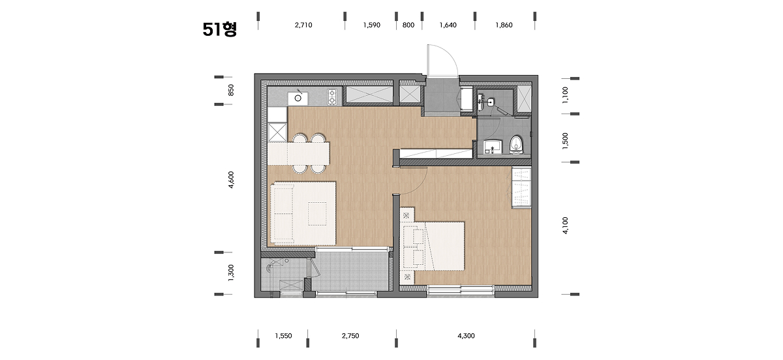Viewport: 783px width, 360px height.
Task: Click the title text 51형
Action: (220, 29)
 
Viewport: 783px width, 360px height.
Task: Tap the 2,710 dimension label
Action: (303, 25)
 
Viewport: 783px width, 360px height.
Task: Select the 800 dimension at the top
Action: (408, 25)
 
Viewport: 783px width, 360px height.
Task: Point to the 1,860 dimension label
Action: (504, 25)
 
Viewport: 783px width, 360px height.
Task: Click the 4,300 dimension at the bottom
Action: (466, 336)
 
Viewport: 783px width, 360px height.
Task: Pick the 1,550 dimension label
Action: (283, 336)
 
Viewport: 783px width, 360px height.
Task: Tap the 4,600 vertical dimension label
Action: (231, 179)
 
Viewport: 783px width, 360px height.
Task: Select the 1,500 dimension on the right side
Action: (565, 141)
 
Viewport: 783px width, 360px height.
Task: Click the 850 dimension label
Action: (231, 90)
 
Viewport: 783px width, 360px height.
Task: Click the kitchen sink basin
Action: (298, 98)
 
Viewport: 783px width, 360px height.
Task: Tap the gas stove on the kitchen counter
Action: (332, 97)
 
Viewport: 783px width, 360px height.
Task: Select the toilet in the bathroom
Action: (516, 144)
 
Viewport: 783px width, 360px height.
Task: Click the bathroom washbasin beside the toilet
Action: (493, 147)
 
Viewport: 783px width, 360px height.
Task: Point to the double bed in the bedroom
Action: (434, 246)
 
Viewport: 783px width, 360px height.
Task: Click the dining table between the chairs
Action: (299, 153)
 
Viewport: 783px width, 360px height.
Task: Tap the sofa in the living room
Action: (283, 214)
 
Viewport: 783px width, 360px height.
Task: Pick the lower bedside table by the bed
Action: (407, 277)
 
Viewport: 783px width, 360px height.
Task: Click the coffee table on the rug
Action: (317, 214)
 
